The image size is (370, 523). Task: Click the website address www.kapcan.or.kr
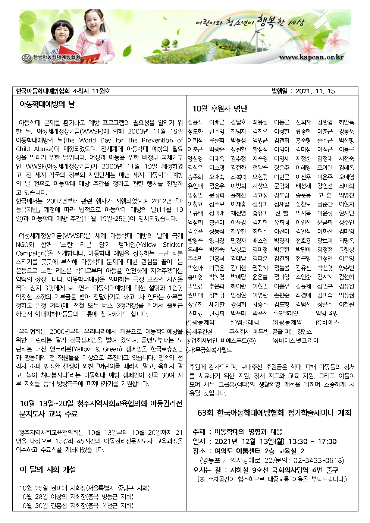coord(311,57)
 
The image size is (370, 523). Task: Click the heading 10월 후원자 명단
coord(220,109)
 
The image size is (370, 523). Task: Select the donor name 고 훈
coord(324,195)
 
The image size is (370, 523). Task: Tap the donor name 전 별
coord(282,213)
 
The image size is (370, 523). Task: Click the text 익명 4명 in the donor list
coord(326,314)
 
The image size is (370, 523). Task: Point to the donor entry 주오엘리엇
coord(285,314)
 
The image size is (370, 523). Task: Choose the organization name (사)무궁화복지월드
coord(209,350)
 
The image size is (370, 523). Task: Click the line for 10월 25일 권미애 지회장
coord(84,488)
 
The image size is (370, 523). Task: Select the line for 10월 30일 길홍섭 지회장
coord(76,506)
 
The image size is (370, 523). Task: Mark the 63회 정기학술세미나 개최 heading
coord(274,413)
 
